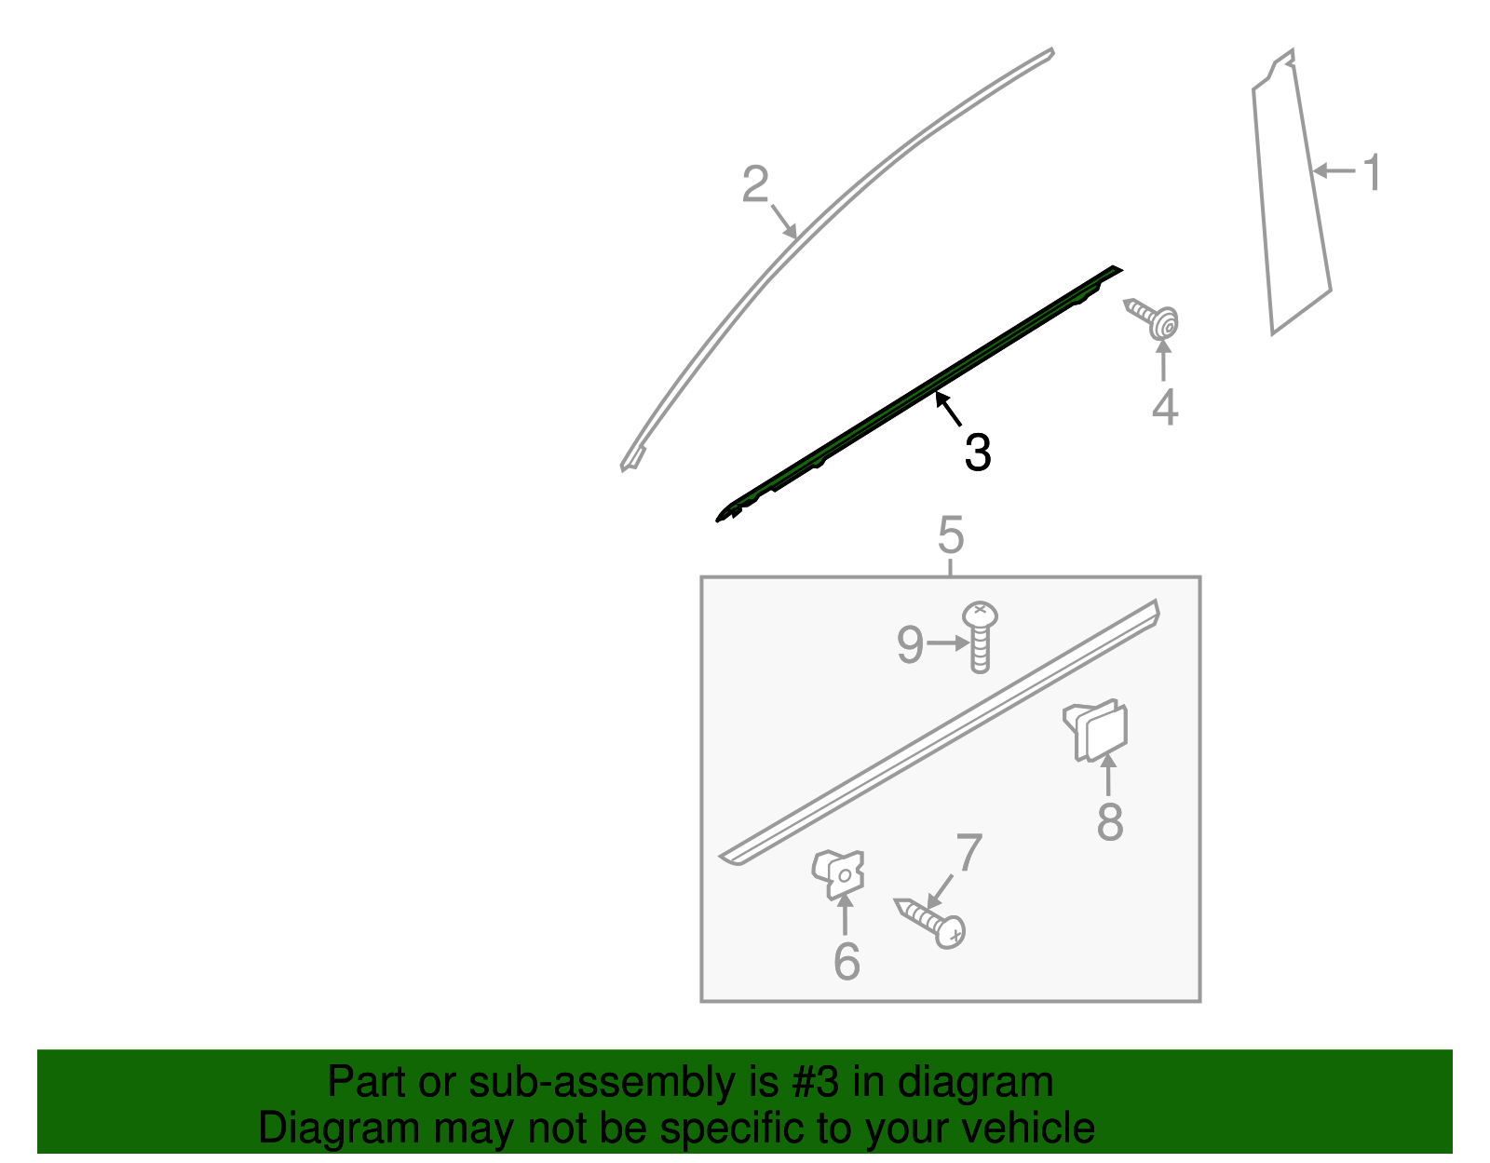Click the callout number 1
[1371, 174]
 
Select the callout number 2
[755, 184]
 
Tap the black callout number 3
[977, 453]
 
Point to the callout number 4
[1164, 408]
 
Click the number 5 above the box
[950, 535]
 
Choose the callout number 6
[846, 961]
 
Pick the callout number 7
[968, 852]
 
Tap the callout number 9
[910, 644]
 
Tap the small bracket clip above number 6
[839, 873]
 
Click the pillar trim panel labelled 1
[1290, 196]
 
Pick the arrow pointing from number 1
[1334, 171]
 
